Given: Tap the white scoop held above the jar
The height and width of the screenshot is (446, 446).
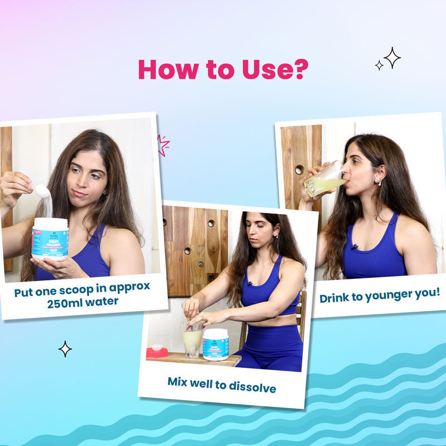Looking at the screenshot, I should [41, 191].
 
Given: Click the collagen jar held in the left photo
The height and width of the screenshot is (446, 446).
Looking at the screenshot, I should [50, 239].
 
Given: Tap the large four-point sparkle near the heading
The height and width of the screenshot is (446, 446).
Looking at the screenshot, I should [392, 57].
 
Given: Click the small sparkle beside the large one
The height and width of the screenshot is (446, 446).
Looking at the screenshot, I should [379, 65].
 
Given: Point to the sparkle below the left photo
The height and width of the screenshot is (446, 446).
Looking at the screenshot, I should [65, 349].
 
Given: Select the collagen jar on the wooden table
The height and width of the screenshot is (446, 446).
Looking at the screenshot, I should [215, 344].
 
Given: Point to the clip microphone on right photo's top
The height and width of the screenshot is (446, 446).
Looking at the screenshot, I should [355, 246].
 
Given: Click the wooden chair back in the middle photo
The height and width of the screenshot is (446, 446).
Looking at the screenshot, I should [301, 312].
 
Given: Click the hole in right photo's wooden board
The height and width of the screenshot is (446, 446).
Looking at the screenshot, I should [299, 169].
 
